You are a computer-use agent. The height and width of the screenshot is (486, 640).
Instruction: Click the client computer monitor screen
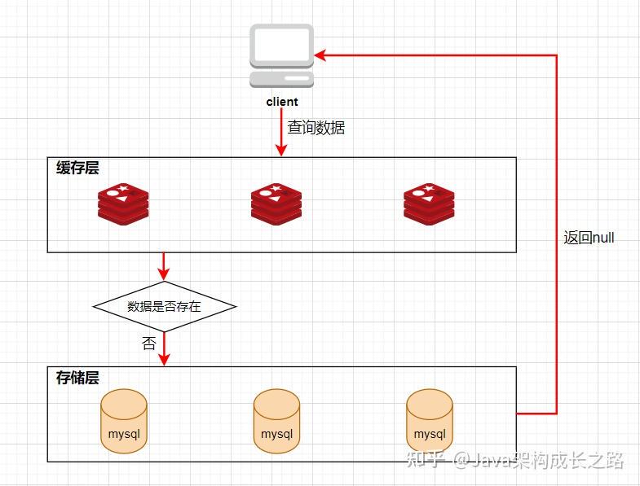tap(281, 45)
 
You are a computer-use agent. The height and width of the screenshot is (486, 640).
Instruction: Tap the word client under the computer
tap(281, 102)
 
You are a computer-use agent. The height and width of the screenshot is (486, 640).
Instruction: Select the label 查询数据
tap(316, 128)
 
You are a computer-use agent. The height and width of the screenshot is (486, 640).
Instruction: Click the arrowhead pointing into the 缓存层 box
tap(280, 151)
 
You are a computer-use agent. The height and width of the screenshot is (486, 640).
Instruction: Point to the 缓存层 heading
tap(77, 168)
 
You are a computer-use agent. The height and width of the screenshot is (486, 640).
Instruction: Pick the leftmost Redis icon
tap(123, 204)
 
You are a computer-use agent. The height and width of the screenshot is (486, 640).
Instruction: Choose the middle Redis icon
tap(276, 204)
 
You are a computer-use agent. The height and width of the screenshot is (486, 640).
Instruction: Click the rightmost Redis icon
tap(429, 204)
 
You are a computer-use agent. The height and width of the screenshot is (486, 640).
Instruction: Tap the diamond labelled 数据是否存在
tap(164, 306)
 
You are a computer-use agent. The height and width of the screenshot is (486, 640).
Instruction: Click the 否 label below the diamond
tap(149, 344)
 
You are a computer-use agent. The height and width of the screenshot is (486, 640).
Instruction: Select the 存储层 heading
tap(77, 378)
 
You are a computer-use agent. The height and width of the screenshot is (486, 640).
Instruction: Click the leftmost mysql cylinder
tap(124, 421)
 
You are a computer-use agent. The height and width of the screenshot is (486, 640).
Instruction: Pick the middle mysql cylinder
tap(276, 421)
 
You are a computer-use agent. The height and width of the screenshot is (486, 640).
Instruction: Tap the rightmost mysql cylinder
tap(430, 421)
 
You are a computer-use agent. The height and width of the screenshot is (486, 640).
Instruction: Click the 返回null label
tap(589, 238)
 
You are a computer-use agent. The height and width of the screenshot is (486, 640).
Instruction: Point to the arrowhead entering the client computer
tap(320, 55)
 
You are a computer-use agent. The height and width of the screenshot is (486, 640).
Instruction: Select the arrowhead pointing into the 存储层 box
tap(164, 360)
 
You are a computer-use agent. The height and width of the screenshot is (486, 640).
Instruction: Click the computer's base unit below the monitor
tap(281, 79)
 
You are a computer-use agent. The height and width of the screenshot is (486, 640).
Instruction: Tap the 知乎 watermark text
tap(426, 459)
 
